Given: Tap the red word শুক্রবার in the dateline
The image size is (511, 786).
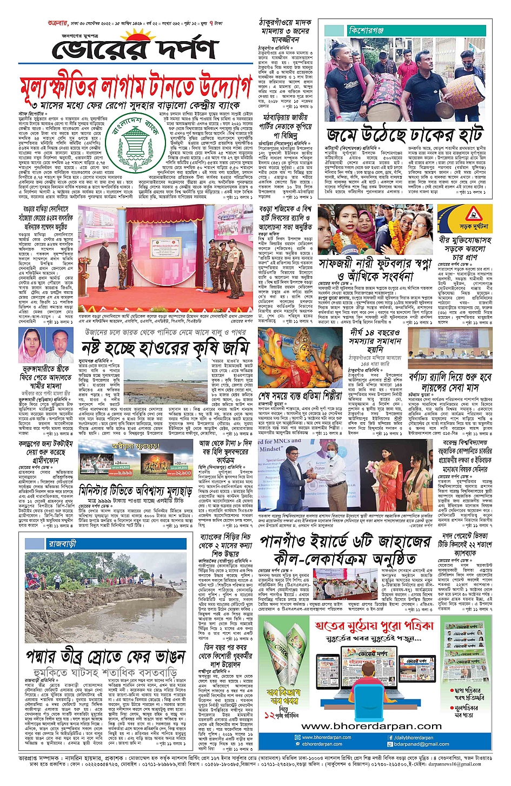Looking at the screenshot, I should [x=58, y=9].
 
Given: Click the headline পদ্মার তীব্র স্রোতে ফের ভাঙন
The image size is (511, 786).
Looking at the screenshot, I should [x=105, y=657].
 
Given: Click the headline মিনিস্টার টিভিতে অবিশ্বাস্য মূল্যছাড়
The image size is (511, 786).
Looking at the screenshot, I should [x=135, y=491].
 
